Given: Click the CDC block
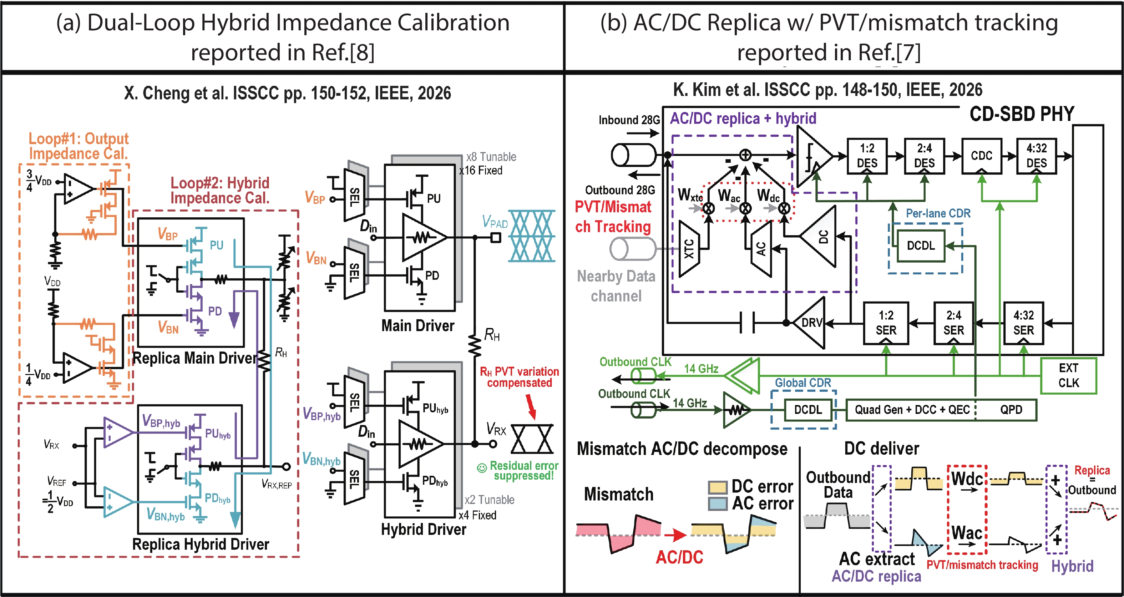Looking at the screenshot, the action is click(982, 156).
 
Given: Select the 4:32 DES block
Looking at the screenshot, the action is click(1036, 156).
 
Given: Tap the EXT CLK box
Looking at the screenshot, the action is click(1069, 376).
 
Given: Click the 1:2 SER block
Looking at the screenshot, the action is click(886, 323).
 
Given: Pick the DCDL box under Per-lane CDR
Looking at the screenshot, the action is click(921, 246).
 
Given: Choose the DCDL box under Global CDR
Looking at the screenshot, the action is click(808, 410).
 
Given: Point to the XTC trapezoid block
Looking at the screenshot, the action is click(689, 248).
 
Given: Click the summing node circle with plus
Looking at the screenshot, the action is click(745, 155).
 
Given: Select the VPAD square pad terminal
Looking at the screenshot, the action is click(496, 238).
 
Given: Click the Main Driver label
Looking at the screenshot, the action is click(417, 325).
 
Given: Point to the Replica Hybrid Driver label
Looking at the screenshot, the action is click(201, 544).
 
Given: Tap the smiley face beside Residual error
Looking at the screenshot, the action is click(482, 468).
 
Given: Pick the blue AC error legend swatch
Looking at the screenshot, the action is click(718, 504).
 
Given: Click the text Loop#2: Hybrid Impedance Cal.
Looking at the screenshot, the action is click(220, 190).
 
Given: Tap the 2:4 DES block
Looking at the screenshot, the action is click(924, 156).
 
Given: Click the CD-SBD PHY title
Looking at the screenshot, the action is click(1022, 114).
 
